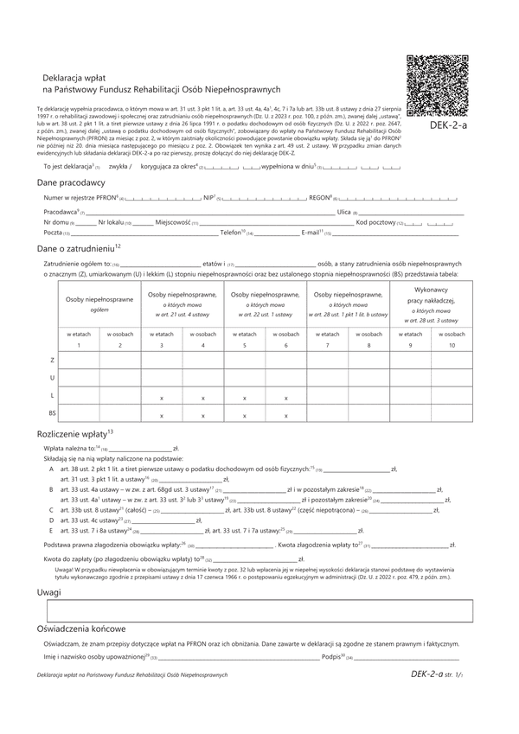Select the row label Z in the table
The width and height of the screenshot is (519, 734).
(52, 358)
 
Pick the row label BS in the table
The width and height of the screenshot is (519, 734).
(52, 412)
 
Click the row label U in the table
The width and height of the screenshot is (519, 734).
(52, 377)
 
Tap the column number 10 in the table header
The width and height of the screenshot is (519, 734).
(451, 346)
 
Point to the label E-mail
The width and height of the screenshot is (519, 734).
(310, 233)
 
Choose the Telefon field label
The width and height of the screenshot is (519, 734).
(233, 233)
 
